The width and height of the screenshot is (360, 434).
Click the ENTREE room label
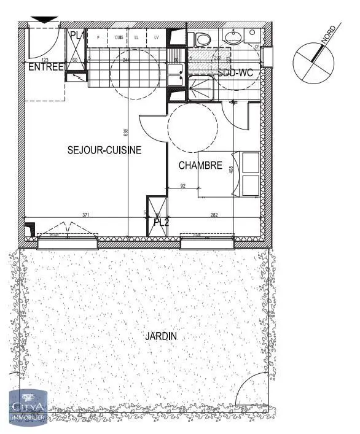point(45,67)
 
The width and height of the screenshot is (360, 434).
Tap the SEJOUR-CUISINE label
point(104,149)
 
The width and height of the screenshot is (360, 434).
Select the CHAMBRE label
point(200,165)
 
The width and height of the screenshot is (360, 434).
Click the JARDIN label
point(161,336)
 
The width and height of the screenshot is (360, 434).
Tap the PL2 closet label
point(161,222)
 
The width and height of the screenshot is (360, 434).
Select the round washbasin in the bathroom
point(233,36)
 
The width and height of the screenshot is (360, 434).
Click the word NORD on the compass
point(328,36)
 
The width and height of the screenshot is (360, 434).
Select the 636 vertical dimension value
point(125,132)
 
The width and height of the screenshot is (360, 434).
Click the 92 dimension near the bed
point(182,185)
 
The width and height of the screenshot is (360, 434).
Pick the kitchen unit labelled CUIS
point(118,38)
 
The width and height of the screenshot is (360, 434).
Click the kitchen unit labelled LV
point(157,38)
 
